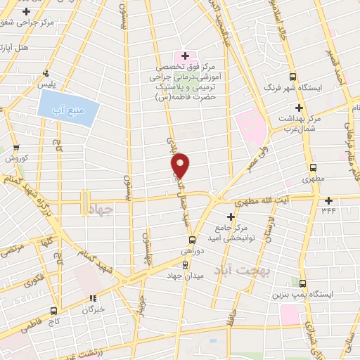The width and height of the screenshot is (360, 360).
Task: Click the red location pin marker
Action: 181,165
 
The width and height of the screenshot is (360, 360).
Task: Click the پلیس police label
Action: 47,84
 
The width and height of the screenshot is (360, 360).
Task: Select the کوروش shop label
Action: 15,157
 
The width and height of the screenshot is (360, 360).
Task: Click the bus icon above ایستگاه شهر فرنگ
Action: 294,77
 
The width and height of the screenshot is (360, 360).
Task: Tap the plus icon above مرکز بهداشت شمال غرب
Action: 299,108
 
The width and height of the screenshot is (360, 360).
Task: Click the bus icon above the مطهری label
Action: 313,168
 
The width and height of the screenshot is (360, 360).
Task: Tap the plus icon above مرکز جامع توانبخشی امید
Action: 231,217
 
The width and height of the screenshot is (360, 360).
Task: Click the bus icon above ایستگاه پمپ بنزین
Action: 302,283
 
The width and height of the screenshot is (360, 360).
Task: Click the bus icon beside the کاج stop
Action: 55,309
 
